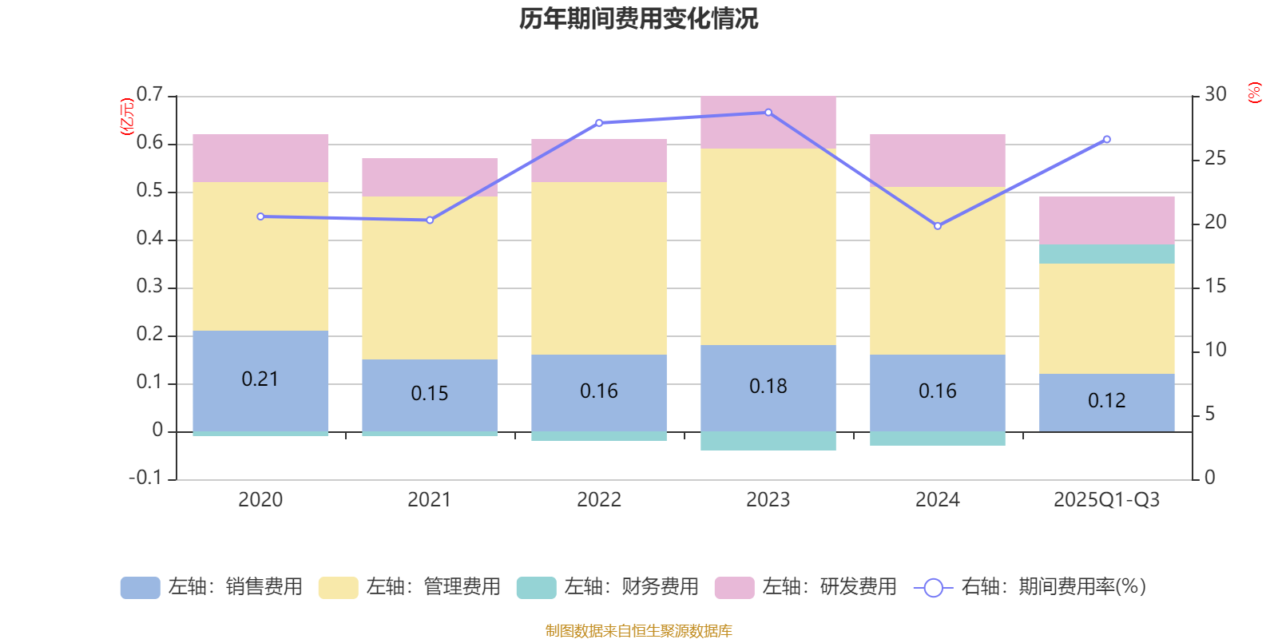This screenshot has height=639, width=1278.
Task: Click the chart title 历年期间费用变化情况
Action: pos(638,18)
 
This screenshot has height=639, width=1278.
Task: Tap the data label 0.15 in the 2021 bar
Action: pos(429,393)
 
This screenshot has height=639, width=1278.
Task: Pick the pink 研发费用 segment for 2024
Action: pos(937,161)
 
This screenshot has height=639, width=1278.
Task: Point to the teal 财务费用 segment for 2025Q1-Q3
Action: pos(1106,254)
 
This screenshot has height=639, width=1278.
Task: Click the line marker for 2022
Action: pos(599,123)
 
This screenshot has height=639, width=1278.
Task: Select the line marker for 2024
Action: pos(938,226)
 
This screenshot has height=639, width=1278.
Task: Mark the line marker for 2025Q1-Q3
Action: pos(1106,140)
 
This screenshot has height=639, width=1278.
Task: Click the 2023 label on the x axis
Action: pos(768,500)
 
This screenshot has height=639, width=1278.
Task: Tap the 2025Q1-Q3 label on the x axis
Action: pos(1106,500)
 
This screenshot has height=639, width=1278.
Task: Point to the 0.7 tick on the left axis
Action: pos(149,94)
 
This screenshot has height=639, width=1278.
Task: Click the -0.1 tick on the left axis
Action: pos(145,478)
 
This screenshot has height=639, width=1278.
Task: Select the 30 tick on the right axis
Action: pos(1215,94)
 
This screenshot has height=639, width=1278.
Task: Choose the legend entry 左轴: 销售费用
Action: pos(212,587)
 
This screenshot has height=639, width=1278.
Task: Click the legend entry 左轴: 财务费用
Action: pos(608,587)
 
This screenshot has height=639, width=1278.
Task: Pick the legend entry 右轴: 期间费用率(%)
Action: pos(1030,587)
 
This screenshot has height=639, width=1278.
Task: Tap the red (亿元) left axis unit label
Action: pos(126,117)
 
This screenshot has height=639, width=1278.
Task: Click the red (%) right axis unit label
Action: pos(1255,92)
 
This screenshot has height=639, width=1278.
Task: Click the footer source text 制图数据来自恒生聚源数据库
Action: pos(638,631)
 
